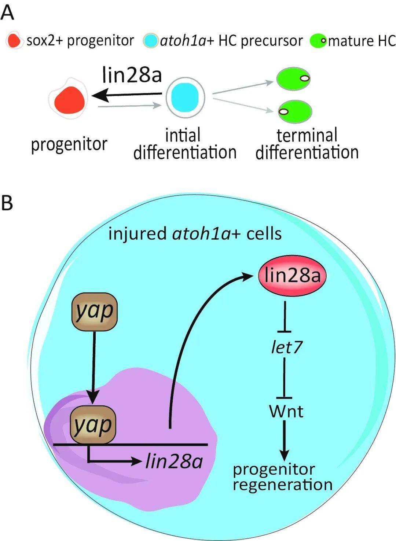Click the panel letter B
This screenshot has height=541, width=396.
pyautogui.click(x=7, y=202)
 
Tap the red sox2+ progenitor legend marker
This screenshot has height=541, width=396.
pyautogui.click(x=14, y=41)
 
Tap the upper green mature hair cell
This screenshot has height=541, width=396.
pyautogui.click(x=293, y=78)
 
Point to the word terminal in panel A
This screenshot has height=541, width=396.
pyautogui.click(x=307, y=135)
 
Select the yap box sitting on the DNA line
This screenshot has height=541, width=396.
pyautogui.click(x=92, y=425)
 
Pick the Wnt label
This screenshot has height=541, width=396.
pyautogui.click(x=286, y=411)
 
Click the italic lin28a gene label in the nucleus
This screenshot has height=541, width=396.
pyautogui.click(x=174, y=461)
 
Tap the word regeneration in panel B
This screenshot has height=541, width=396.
pyautogui.click(x=282, y=485)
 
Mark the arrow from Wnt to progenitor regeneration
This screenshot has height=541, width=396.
pyautogui.click(x=285, y=440)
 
